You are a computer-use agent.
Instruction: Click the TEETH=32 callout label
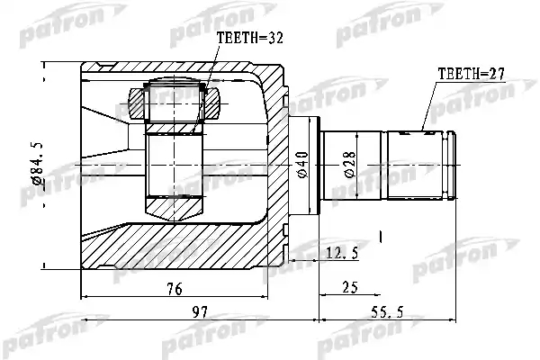coord(250,38)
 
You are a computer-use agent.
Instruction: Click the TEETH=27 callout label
coord(471,74)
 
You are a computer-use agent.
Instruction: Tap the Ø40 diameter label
coord(302,165)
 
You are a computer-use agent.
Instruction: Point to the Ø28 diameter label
coord(350,165)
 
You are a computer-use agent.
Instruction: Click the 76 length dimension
coord(175,289)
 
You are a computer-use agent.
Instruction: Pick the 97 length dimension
coord(200,312)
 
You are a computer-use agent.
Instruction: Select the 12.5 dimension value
coord(342,254)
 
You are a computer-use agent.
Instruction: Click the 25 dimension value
coord(350,287)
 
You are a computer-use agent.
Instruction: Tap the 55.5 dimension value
coord(387,312)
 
